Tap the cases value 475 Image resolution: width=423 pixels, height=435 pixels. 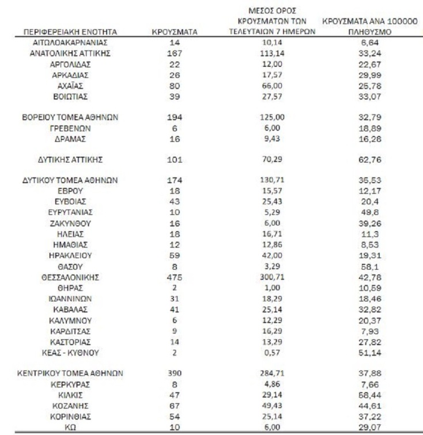tap(175, 277)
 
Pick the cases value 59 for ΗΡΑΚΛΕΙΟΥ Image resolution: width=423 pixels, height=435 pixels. tap(175, 255)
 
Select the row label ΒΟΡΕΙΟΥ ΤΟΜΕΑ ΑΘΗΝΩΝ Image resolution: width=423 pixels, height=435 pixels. tap(70, 116)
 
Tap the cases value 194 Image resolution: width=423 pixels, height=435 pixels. tap(175, 116)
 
